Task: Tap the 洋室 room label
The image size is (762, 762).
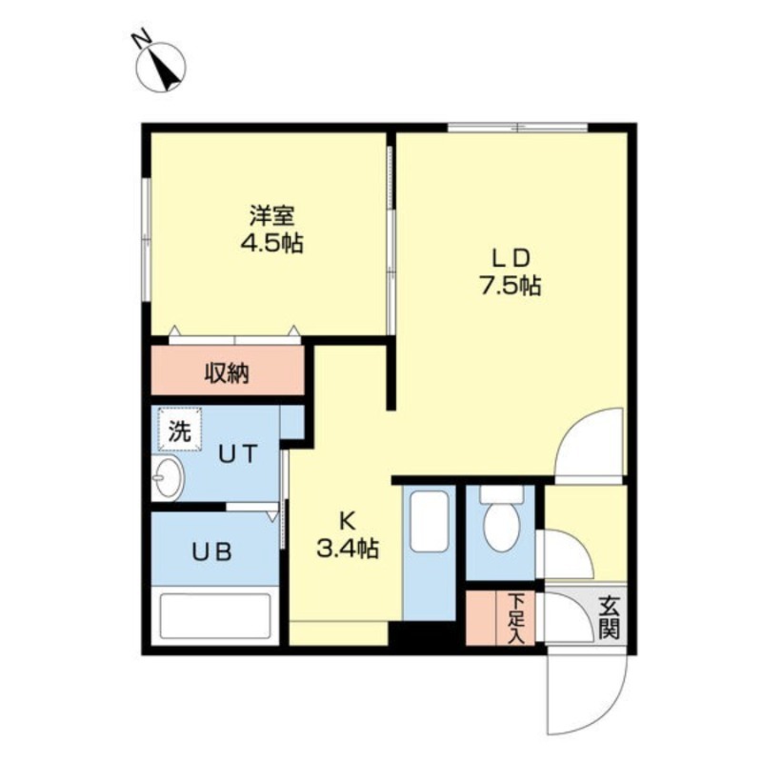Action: pyautogui.click(x=271, y=215)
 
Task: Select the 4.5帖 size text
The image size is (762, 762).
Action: pyautogui.click(x=271, y=243)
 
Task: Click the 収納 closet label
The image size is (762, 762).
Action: pyautogui.click(x=227, y=372)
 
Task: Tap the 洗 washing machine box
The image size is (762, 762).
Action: pyautogui.click(x=179, y=430)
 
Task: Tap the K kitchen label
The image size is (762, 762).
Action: pyautogui.click(x=347, y=520)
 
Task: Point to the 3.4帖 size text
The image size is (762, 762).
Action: pyautogui.click(x=347, y=549)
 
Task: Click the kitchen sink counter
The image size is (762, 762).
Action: pyautogui.click(x=430, y=552)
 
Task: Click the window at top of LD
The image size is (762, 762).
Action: pyautogui.click(x=517, y=127)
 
